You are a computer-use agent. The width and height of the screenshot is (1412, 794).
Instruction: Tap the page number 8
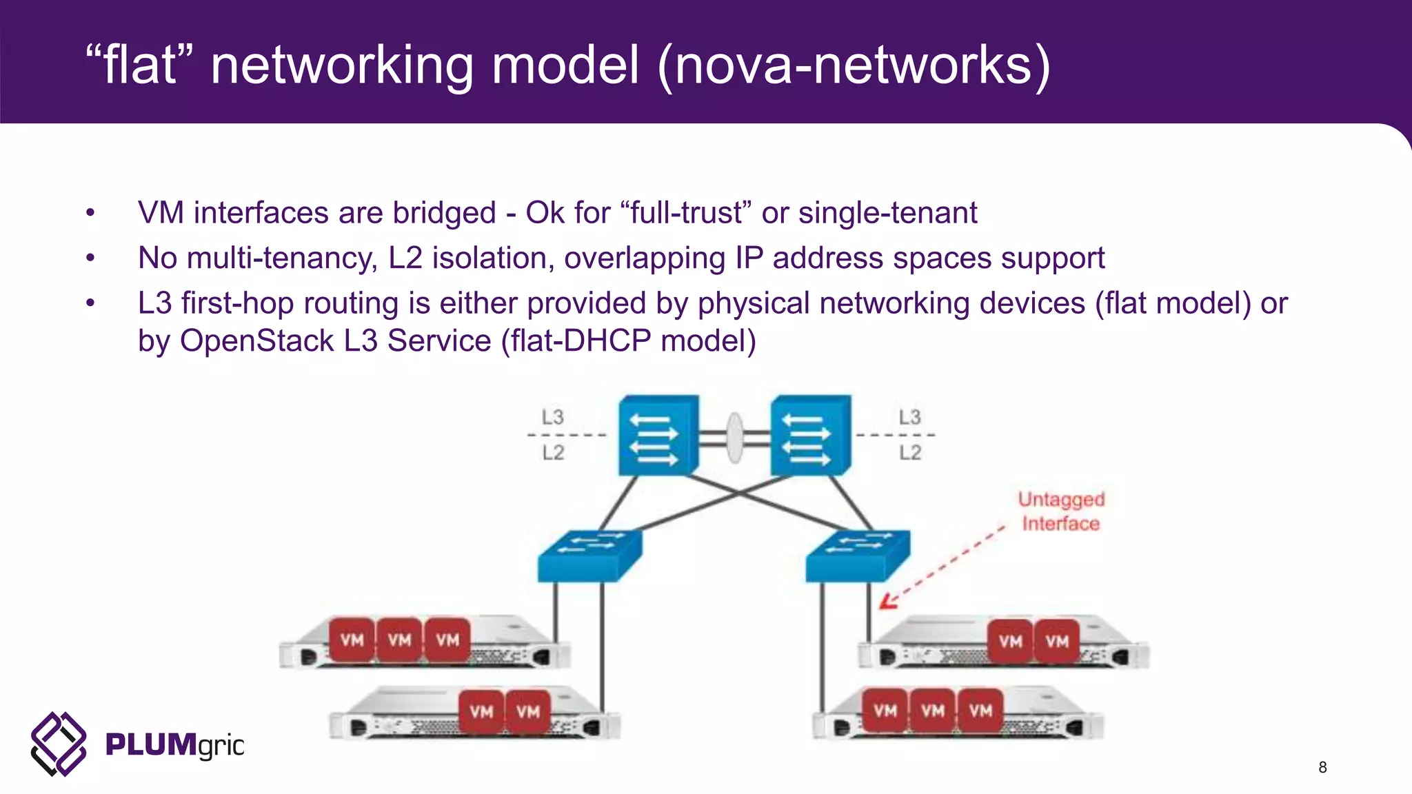[x=1322, y=767]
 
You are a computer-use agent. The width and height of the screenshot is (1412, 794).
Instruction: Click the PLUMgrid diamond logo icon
[x=59, y=744]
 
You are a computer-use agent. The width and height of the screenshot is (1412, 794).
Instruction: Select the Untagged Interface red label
[x=1061, y=511]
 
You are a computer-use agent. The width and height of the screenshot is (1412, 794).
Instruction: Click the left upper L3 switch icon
[x=656, y=435]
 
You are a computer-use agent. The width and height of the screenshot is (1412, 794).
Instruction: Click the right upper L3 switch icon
[x=809, y=435]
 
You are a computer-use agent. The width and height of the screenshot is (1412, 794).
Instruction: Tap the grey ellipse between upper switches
[x=735, y=438]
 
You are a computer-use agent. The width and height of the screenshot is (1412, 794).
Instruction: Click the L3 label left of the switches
[x=552, y=417]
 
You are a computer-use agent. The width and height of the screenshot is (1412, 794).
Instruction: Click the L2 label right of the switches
[x=909, y=453]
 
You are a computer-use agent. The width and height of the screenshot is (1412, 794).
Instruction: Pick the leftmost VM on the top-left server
[x=352, y=640]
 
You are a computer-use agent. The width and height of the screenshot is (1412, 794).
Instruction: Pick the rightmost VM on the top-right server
[x=1056, y=641]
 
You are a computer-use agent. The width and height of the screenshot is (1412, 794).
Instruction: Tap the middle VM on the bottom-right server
[x=933, y=710]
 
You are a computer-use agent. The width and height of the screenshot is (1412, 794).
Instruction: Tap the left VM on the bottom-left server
[x=481, y=711]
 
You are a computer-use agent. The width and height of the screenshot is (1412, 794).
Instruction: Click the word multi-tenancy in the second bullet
[x=281, y=258]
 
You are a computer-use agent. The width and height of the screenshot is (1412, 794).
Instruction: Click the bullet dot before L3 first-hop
[x=90, y=303]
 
